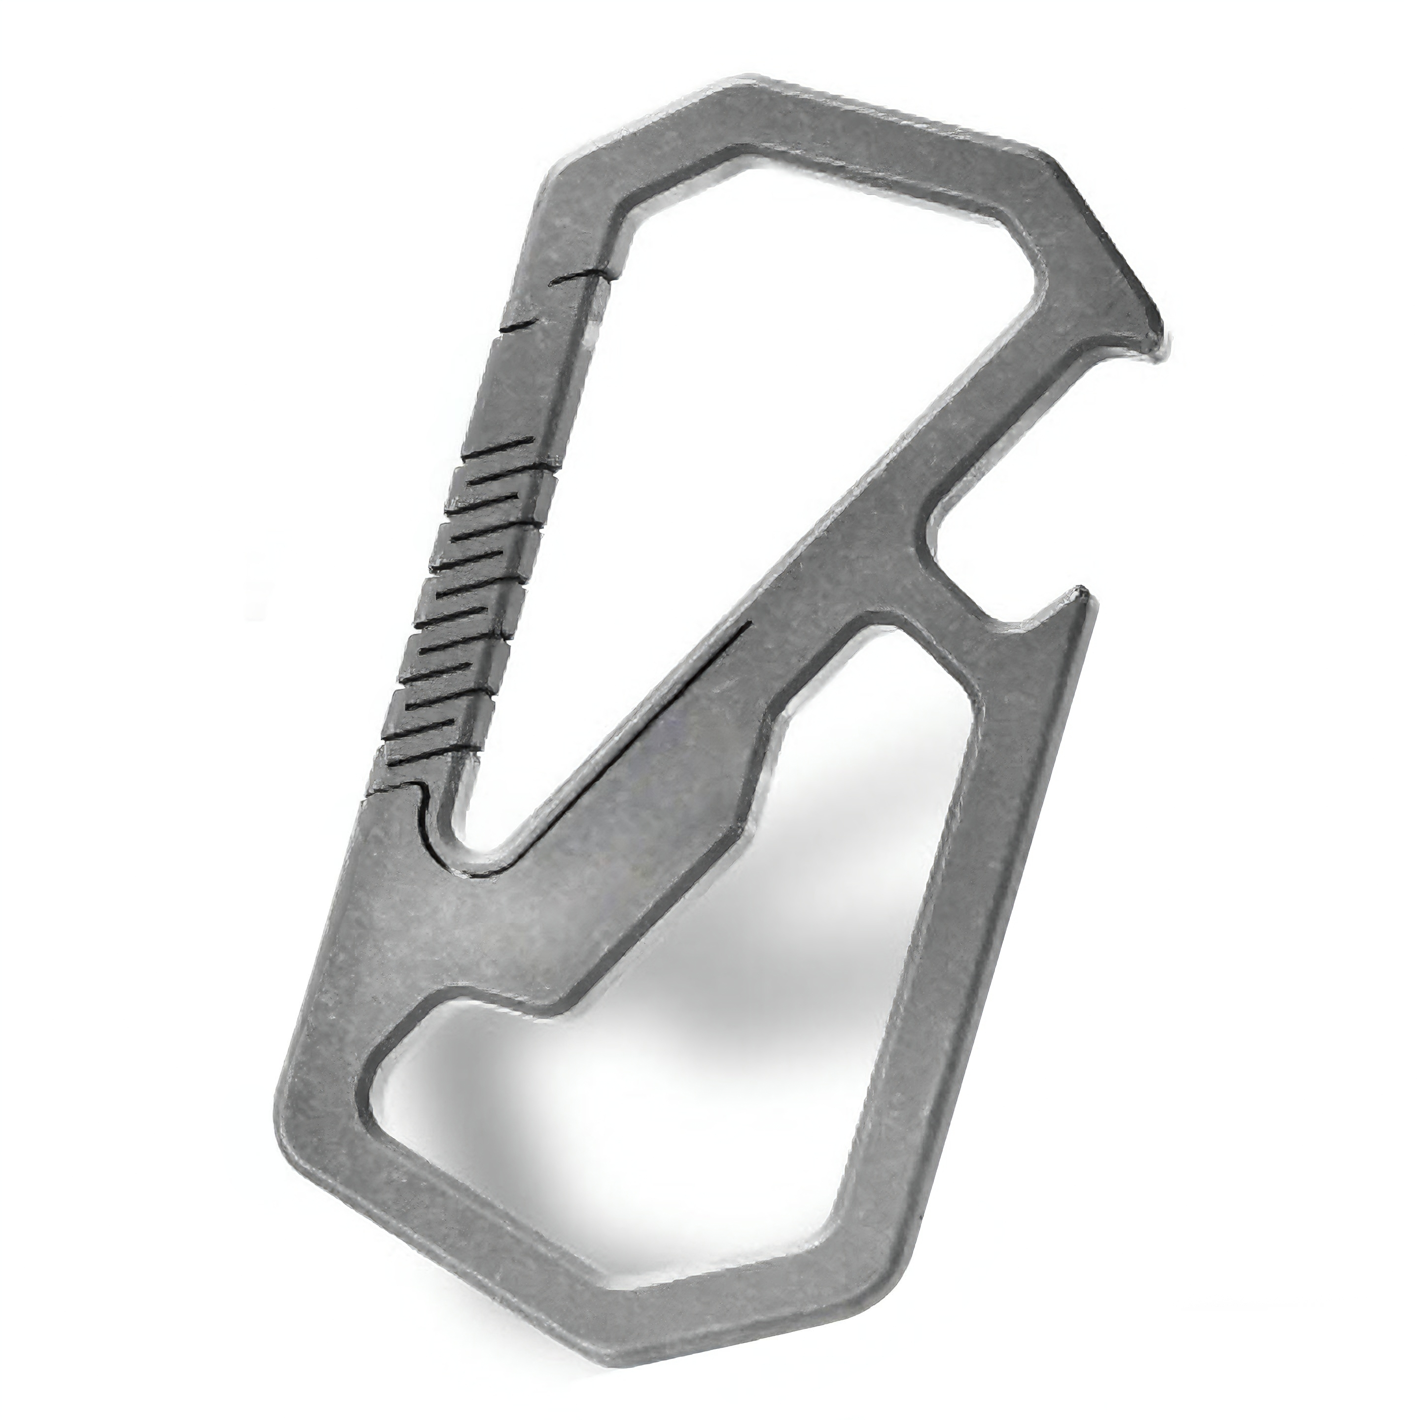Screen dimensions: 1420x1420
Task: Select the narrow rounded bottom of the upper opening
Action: pos(485,845)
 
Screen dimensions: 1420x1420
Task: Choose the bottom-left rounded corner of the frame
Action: pos(294,1139)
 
